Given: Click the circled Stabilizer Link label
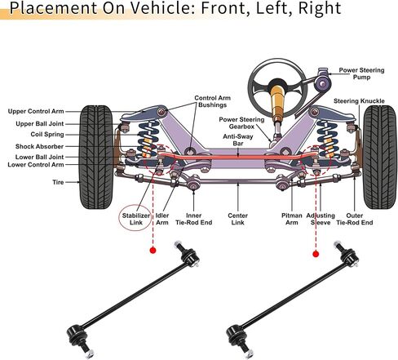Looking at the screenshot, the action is click(x=136, y=219).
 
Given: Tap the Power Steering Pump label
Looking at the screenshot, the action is click(x=361, y=73).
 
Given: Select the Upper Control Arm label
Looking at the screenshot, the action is click(x=36, y=111).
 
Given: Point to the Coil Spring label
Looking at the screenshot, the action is click(x=47, y=135).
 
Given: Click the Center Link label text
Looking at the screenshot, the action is click(x=238, y=219).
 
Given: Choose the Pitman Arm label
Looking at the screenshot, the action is click(x=292, y=219).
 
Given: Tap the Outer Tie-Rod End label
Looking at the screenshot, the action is click(x=355, y=219).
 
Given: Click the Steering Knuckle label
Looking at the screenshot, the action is click(x=359, y=101).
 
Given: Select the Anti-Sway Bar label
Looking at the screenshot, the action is click(x=238, y=140).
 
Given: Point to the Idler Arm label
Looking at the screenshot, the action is click(x=162, y=219).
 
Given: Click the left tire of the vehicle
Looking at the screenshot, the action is click(x=96, y=157).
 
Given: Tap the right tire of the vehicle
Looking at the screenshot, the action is click(x=380, y=157).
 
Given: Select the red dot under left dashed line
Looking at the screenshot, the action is click(x=153, y=251).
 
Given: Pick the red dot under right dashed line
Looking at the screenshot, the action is click(x=316, y=254).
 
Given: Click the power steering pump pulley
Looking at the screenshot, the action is click(x=322, y=83).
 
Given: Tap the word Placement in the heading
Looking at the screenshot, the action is click(x=53, y=8).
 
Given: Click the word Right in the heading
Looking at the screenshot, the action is click(x=320, y=9).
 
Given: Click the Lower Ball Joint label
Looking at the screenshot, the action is click(x=39, y=157).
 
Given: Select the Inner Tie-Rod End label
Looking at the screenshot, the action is click(x=194, y=219).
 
